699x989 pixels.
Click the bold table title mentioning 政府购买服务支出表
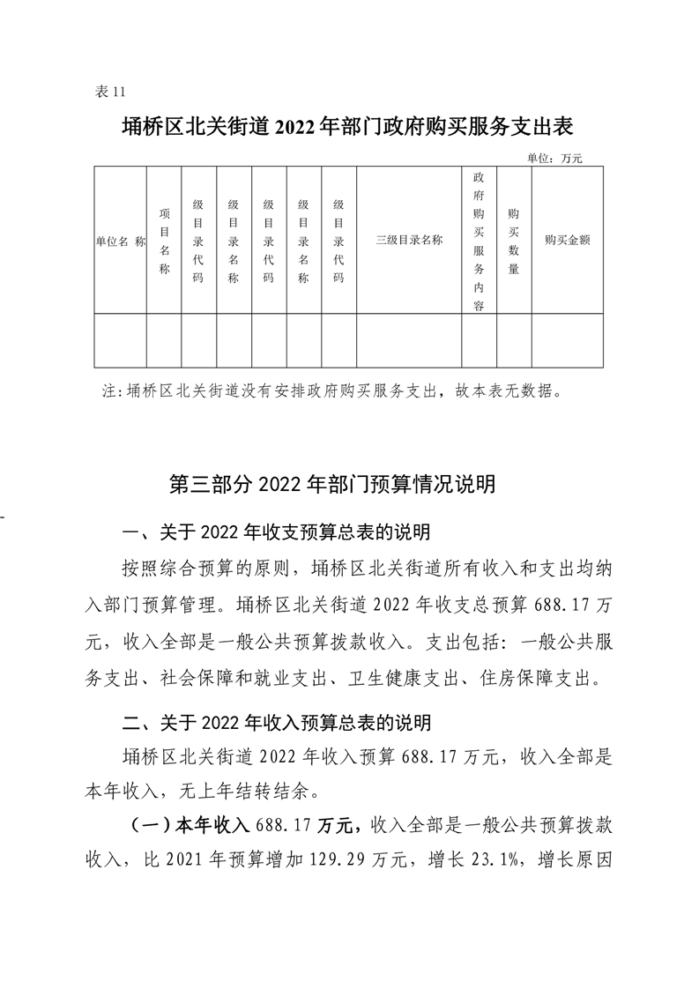point(348,127)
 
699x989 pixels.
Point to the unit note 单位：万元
point(555,159)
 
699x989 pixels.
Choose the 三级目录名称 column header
point(409,239)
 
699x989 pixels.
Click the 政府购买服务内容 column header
point(479,240)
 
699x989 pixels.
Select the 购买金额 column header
point(567,239)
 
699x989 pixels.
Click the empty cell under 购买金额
point(567,340)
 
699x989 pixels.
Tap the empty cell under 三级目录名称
point(409,340)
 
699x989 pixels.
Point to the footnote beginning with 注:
point(331,390)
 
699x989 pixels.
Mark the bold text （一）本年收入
point(183,824)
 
